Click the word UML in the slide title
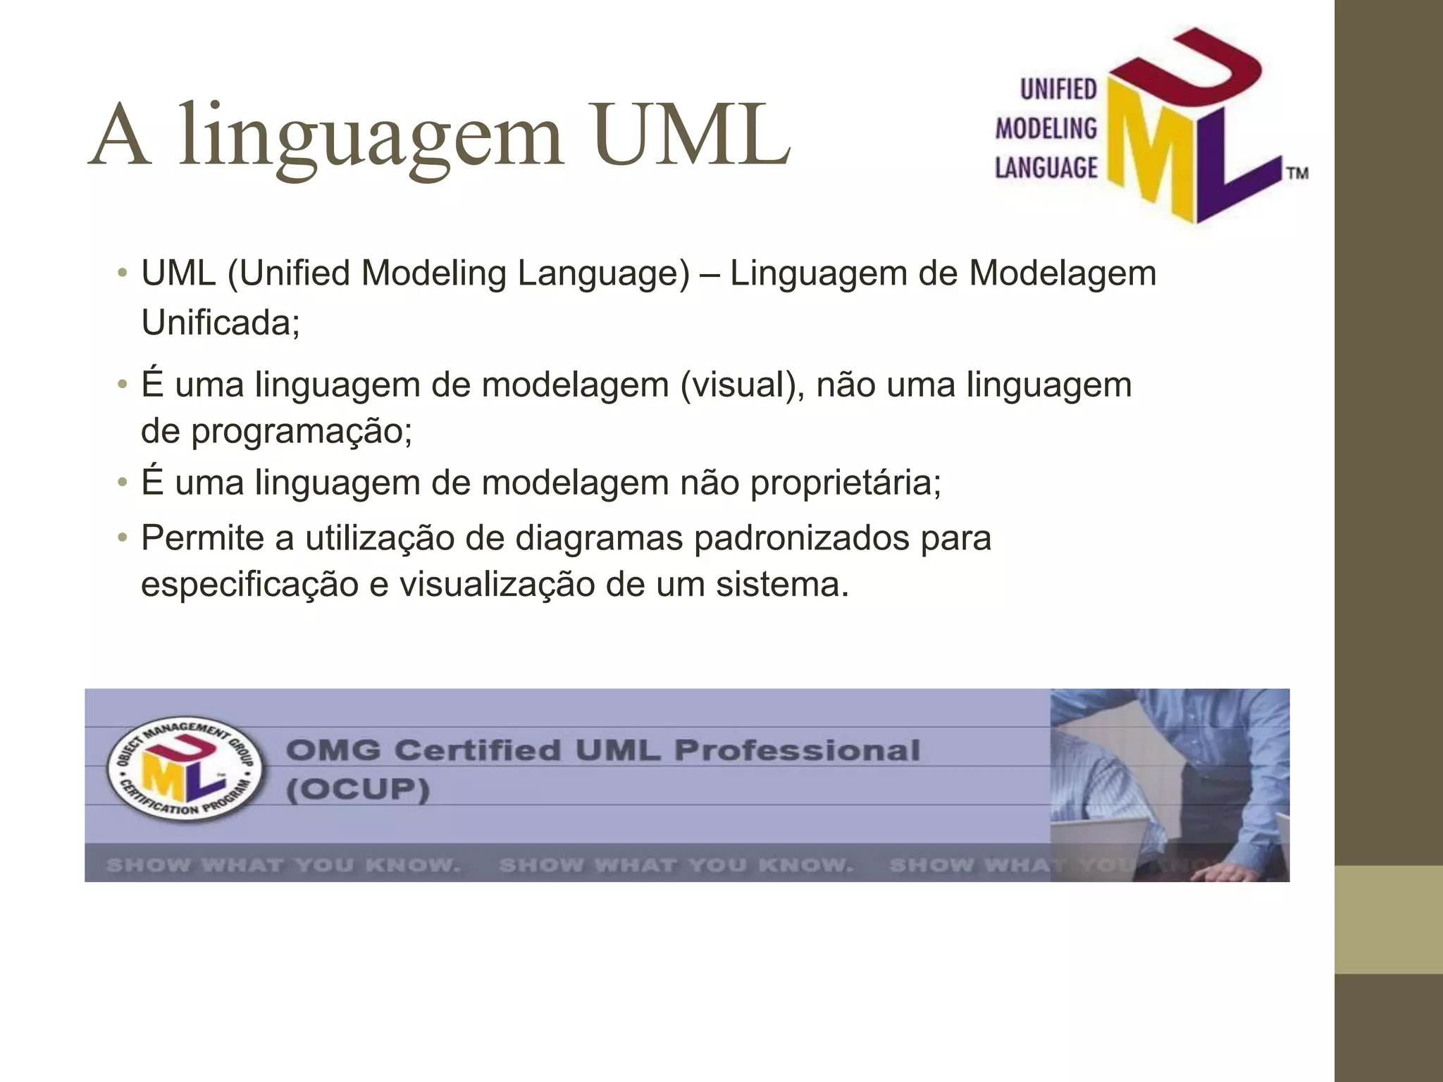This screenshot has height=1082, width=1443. click(x=691, y=135)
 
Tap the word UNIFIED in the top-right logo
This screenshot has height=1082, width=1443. click(x=1058, y=89)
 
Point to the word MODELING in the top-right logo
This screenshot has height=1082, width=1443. click(x=1046, y=128)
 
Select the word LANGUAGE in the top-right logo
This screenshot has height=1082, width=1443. click(x=1046, y=168)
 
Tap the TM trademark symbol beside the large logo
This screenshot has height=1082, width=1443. click(x=1297, y=173)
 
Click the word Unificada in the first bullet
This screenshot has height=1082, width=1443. click(x=221, y=323)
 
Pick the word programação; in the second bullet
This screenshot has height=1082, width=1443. click(x=302, y=430)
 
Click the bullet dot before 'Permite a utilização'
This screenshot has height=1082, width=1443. click(x=123, y=539)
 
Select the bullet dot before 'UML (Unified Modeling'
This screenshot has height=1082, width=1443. click(x=123, y=273)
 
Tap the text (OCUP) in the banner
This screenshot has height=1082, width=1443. click(x=358, y=789)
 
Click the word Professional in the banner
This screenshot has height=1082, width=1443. click(x=797, y=751)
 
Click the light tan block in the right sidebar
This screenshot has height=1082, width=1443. click(x=1389, y=919)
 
